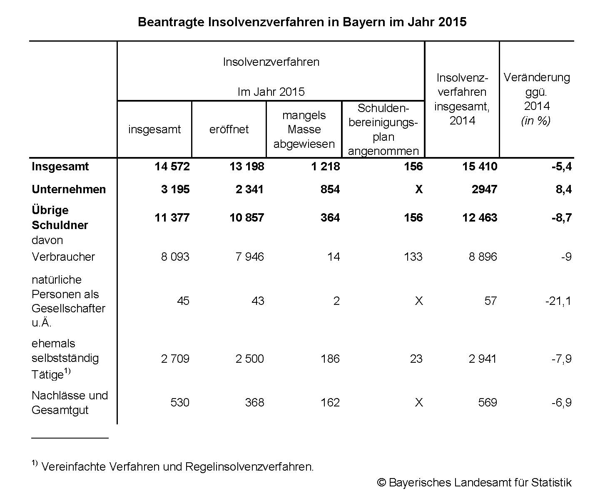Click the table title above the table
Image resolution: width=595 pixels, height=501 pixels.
(x=302, y=22)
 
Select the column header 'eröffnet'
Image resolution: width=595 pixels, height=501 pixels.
(x=229, y=129)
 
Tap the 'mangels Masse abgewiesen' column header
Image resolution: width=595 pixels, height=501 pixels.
(x=304, y=129)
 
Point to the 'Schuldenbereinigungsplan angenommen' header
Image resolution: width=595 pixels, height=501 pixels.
(x=383, y=129)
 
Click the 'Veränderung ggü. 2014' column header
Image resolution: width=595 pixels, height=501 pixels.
(x=536, y=99)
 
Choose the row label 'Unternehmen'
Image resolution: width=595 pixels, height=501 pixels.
(x=69, y=189)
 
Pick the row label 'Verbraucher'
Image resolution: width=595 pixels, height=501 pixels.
(x=63, y=257)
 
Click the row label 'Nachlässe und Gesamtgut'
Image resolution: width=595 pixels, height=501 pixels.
(x=70, y=402)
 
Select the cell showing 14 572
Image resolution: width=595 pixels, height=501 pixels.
(x=172, y=167)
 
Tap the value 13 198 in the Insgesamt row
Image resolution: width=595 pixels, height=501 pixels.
(x=246, y=167)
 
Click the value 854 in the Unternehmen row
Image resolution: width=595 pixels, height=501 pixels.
(x=330, y=189)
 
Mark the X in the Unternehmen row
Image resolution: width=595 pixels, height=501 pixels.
(x=418, y=189)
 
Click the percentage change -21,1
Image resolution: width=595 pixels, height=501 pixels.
(x=558, y=301)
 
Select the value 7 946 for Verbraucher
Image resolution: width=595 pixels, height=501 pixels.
(x=249, y=257)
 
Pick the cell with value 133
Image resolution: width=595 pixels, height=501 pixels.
(x=413, y=257)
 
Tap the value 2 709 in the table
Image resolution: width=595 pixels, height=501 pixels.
(x=175, y=359)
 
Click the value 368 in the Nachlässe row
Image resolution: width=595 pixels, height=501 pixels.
(x=254, y=402)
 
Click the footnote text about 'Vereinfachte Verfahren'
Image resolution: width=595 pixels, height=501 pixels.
(x=177, y=466)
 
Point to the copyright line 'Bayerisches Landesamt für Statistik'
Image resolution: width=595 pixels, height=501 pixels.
(x=474, y=482)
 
